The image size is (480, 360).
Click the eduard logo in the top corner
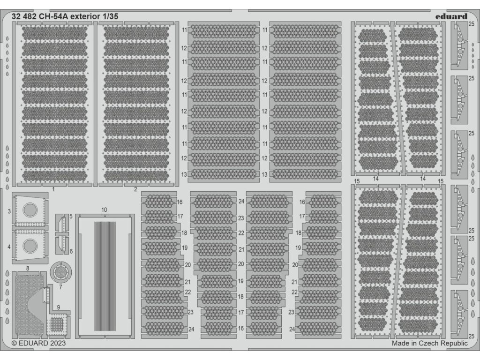coord(450,16)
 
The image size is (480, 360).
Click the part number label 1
coord(53,189)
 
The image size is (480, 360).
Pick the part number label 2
coord(135,189)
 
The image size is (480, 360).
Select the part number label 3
coord(9,212)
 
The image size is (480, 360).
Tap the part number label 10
coord(104,209)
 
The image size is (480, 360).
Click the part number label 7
coord(60,286)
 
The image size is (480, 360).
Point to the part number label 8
coord(28,268)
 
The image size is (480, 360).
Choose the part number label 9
coord(59,307)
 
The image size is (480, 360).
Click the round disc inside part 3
coord(30,210)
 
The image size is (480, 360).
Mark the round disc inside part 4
coord(30,244)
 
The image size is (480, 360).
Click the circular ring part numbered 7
coord(60,271)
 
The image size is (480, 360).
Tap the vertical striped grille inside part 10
coord(105,276)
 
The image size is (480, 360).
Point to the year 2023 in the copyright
coord(56,344)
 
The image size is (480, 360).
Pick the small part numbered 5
coord(61,225)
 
